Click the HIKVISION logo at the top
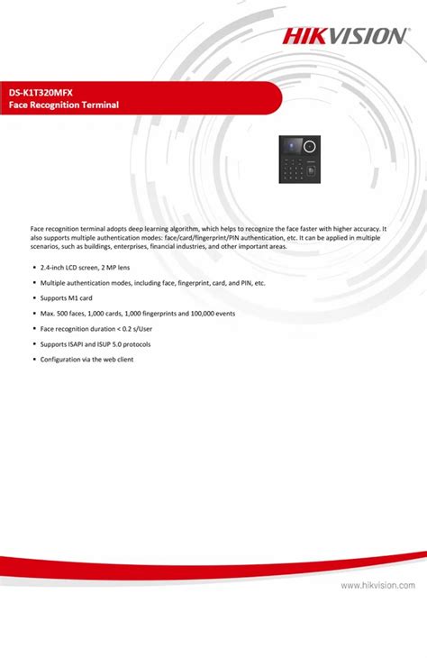346,35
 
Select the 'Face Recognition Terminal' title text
65,105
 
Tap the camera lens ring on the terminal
313,143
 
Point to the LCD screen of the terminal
292,146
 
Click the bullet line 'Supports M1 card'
67,298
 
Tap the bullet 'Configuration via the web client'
87,360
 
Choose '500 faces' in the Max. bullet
72,314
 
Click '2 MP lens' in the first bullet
115,268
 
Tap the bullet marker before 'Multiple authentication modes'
33,283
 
